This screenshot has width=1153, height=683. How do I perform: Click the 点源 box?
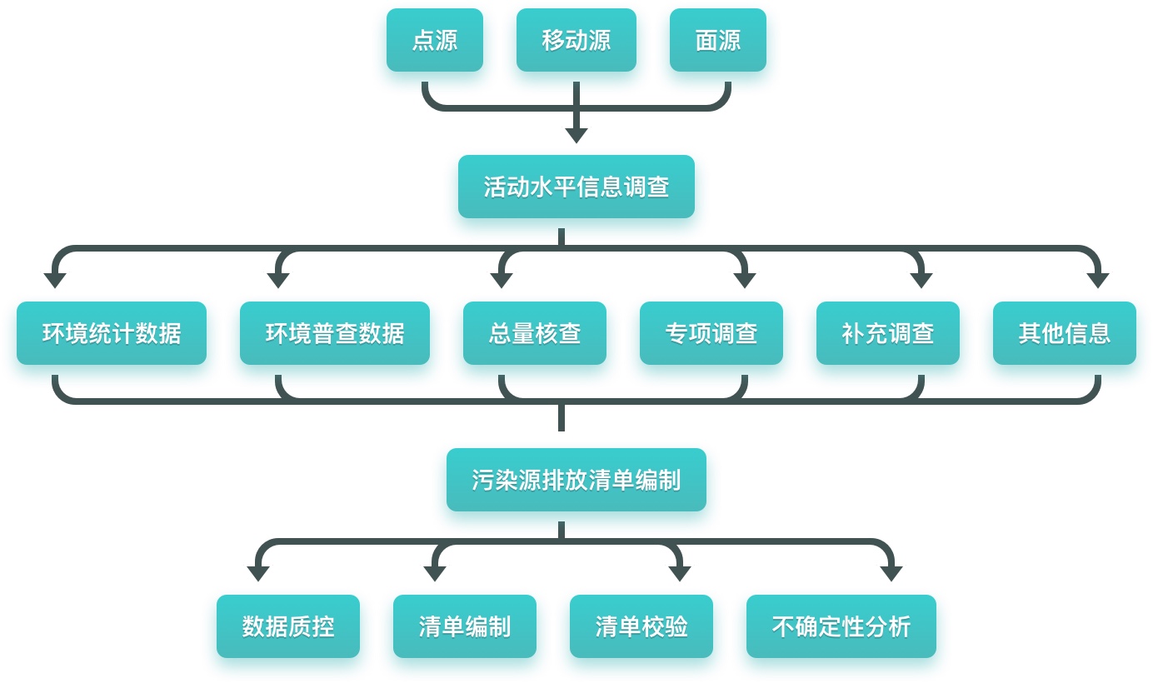[x=435, y=40]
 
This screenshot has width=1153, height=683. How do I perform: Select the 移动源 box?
[x=576, y=40]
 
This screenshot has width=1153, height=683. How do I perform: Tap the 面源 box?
[x=718, y=40]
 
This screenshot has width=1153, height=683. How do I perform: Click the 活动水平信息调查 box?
[x=576, y=187]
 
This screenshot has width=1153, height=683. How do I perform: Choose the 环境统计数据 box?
[x=112, y=333]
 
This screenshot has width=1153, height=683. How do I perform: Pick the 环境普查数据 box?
[x=335, y=333]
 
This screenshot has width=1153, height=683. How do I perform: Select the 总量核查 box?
[x=535, y=333]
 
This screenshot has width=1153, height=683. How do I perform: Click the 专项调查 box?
[x=711, y=333]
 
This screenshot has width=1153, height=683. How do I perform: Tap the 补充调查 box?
[x=888, y=333]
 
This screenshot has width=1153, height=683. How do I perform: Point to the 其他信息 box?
[x=1065, y=333]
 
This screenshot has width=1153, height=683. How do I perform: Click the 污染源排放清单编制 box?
[x=576, y=480]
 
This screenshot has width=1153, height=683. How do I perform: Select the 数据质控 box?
[x=288, y=626]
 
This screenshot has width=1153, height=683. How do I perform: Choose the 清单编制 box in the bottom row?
[x=465, y=626]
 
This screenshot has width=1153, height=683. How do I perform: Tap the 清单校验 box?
[x=641, y=626]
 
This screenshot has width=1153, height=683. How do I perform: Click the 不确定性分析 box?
[x=841, y=626]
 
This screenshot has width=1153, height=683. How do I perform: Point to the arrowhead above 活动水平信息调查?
[x=576, y=135]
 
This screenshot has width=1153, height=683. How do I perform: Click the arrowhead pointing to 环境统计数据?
[x=55, y=281]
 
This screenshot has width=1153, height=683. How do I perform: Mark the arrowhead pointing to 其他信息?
[x=1098, y=281]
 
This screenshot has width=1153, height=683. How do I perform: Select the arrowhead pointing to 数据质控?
[x=258, y=574]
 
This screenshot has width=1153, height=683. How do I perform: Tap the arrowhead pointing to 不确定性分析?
[x=891, y=574]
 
